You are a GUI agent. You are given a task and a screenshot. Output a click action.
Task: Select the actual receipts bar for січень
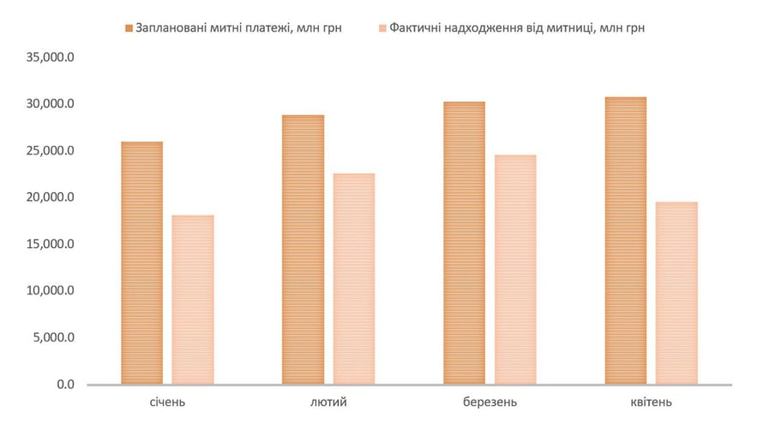click(x=193, y=299)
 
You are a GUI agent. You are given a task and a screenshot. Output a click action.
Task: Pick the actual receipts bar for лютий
click(x=354, y=279)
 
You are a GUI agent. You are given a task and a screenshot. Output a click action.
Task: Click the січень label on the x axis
click(x=167, y=402)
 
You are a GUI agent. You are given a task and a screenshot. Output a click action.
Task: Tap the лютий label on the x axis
click(x=328, y=402)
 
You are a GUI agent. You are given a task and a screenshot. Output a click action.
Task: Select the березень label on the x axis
click(x=490, y=402)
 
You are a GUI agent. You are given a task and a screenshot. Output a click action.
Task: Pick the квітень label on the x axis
click(x=651, y=402)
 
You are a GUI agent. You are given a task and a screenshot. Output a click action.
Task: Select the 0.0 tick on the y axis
click(x=66, y=384)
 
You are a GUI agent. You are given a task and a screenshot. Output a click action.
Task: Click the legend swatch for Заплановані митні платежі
click(x=129, y=27)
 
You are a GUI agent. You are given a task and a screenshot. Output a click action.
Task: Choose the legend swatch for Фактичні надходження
click(x=381, y=27)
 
